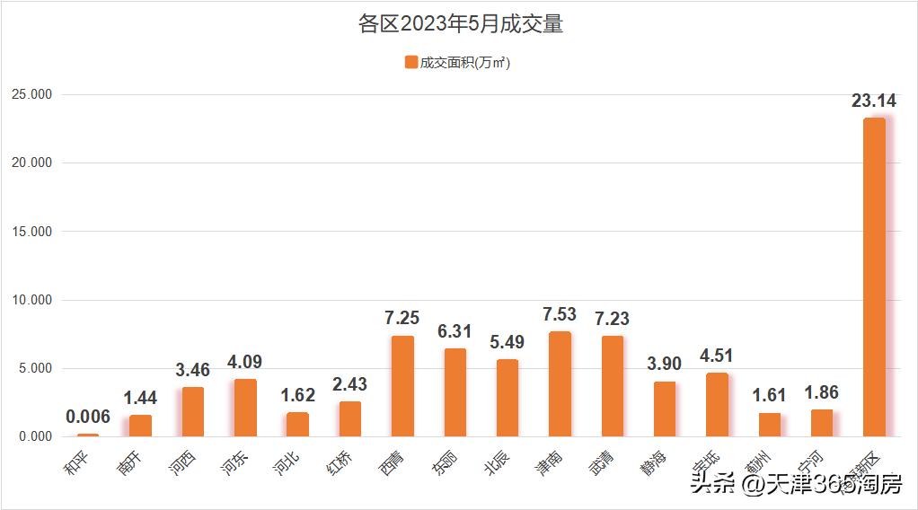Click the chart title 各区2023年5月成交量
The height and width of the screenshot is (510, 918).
tap(459, 24)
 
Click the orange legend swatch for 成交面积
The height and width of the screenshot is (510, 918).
tap(411, 62)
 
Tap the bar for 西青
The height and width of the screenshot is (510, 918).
tap(402, 386)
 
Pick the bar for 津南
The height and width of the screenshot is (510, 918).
tap(560, 383)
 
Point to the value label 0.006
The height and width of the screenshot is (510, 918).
tap(88, 417)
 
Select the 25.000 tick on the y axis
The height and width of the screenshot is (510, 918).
tap(31, 94)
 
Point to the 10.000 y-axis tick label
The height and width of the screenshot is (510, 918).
tap(31, 300)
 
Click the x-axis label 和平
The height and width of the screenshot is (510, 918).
tap(77, 463)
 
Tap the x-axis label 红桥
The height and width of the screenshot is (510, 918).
tap(340, 463)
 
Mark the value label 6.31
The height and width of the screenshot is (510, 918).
tap(455, 331)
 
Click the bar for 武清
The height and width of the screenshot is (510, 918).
tap(613, 386)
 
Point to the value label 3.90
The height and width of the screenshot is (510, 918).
tap(665, 365)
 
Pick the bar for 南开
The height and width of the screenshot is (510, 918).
tap(140, 426)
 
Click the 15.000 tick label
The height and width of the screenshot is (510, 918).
tap(31, 232)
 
